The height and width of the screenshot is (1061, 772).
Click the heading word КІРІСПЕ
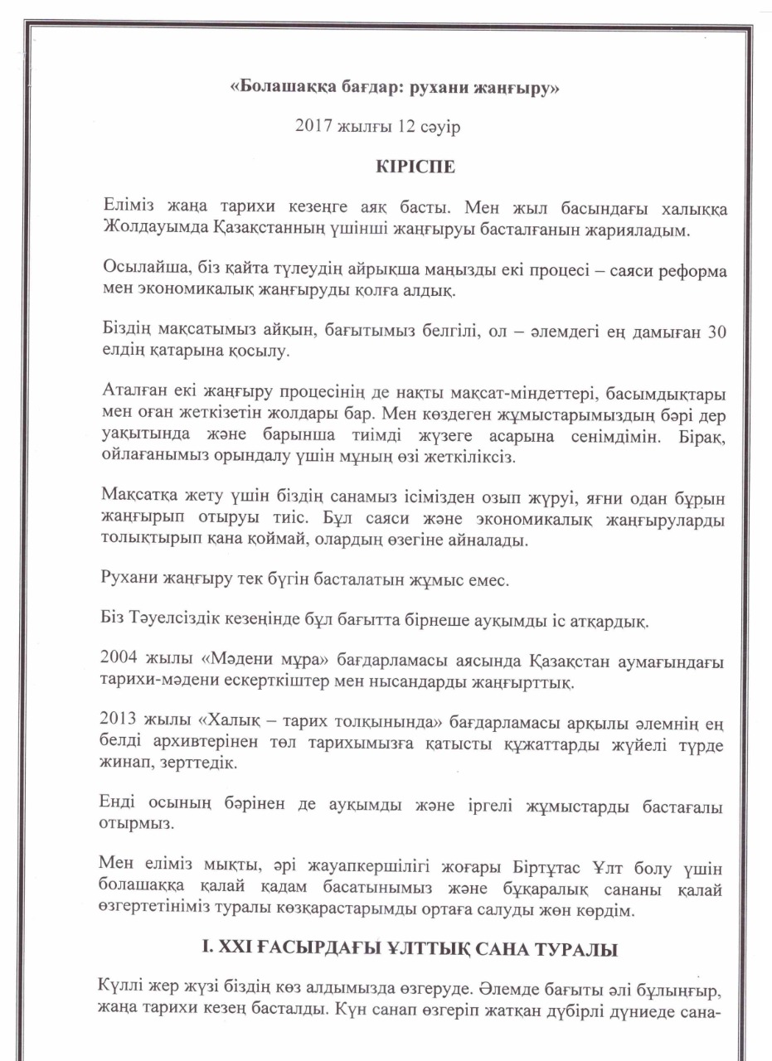click(x=415, y=165)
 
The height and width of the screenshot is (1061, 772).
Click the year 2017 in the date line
click(x=312, y=126)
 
